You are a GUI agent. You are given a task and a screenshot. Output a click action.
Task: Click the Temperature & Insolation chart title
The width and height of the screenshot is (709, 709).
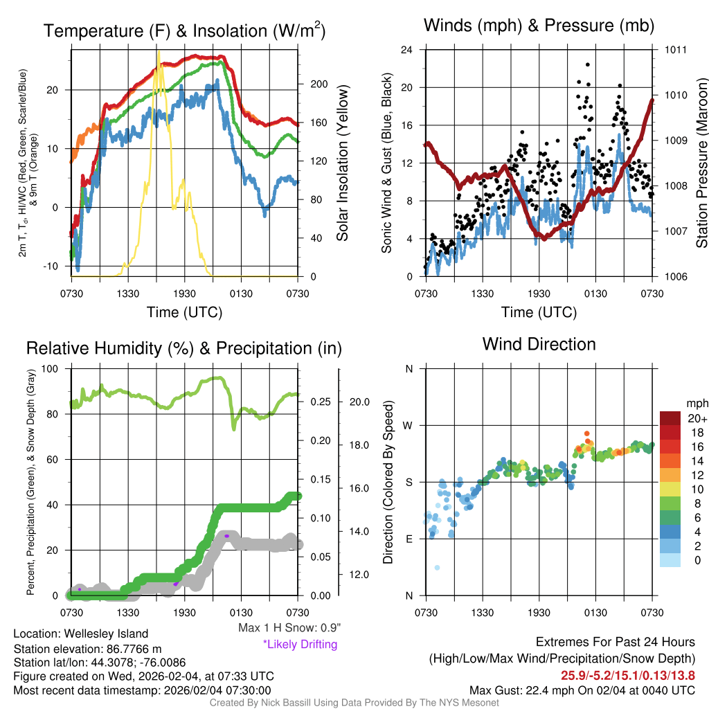184,31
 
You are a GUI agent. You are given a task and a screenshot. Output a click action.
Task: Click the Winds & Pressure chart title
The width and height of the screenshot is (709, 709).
539,26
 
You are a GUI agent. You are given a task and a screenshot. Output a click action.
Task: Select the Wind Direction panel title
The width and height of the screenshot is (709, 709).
539,344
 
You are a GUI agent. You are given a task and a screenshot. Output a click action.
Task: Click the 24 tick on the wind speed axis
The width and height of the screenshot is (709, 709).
408,50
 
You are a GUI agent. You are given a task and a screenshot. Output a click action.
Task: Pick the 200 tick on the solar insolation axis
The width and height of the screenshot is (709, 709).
318,84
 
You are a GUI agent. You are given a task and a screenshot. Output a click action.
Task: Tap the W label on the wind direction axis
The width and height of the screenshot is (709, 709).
409,425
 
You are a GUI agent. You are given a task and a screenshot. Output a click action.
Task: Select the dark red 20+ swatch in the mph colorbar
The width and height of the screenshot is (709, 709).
672,418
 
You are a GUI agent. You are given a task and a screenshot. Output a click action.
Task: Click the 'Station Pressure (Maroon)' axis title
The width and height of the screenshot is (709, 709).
701,163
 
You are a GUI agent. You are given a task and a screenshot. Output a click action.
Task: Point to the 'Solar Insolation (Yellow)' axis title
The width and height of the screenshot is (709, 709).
342,163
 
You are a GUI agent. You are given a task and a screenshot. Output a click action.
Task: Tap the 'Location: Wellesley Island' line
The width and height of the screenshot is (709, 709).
80,634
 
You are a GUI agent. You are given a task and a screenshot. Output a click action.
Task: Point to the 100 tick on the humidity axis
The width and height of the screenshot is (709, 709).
55,368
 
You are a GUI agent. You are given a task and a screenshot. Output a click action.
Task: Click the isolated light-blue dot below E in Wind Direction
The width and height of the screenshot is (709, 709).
437,568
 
